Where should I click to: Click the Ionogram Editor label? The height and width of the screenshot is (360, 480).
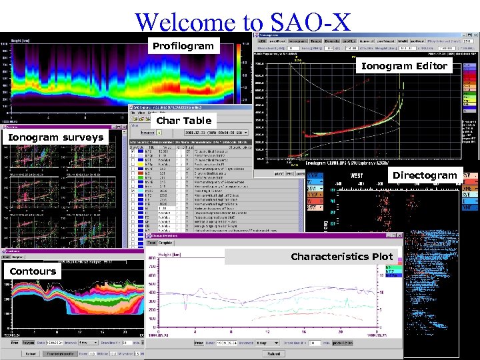click(404, 65)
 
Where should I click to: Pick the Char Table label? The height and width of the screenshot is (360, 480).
click(183, 121)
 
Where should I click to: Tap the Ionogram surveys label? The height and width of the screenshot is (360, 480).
click(55, 137)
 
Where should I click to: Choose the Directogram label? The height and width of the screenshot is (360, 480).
click(425, 175)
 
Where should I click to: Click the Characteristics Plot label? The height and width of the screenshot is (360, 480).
click(341, 256)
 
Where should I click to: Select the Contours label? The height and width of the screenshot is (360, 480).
click(33, 271)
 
